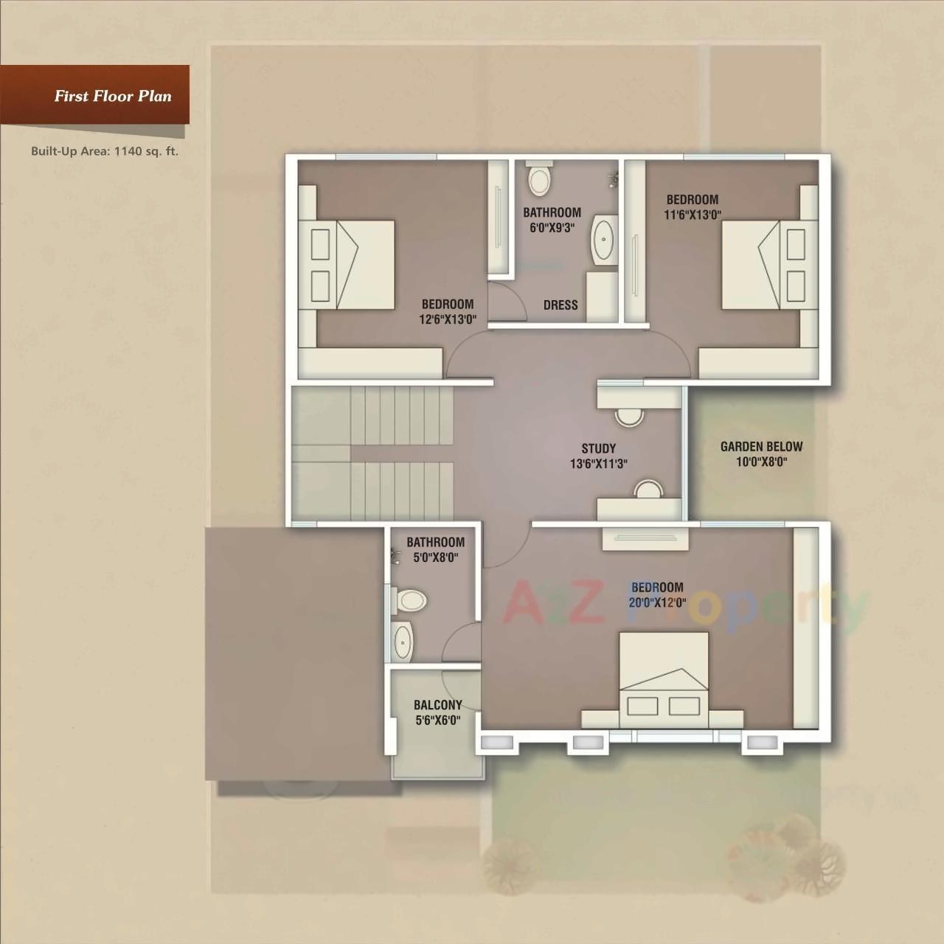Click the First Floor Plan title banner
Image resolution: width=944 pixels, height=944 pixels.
112,96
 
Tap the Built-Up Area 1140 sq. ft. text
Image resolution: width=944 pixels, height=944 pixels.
105,151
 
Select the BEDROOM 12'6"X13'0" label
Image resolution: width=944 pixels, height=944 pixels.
448,311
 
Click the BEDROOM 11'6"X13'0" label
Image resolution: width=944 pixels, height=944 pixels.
693,206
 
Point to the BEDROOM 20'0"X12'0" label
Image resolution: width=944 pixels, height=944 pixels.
657,594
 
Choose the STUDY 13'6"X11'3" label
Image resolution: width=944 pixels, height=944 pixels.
598,456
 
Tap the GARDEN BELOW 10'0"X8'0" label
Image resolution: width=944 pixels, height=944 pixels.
761,454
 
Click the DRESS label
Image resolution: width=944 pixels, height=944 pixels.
560,305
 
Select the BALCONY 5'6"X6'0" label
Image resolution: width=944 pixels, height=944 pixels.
438,712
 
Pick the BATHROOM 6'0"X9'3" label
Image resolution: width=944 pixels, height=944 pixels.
552,220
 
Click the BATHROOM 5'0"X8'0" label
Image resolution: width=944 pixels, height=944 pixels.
435,549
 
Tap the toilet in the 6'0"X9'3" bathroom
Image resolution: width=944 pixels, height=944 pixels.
539,179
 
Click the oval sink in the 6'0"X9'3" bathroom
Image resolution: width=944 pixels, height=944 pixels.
604,239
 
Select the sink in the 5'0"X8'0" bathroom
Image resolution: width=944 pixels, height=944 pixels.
402,641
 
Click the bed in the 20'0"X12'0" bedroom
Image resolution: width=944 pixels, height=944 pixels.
664,678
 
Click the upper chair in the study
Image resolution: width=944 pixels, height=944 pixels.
629,416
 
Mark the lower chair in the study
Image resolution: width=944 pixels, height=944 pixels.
649,489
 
